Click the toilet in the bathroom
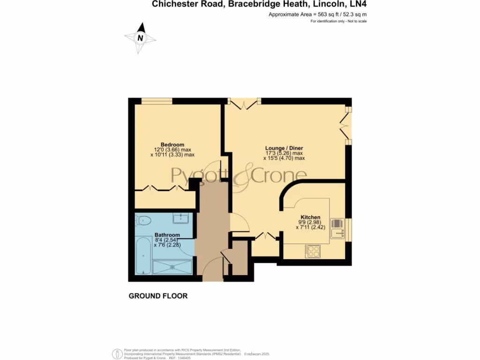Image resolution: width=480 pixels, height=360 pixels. point(143,220)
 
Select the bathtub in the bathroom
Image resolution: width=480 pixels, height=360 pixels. point(143,256)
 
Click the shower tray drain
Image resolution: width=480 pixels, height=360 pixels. point(173,267)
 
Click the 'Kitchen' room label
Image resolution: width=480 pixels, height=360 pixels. point(310,217)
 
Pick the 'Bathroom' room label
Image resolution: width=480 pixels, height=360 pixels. point(167,235)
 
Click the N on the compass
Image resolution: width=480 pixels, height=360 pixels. point(140,38)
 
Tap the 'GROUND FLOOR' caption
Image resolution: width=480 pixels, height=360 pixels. point(158,296)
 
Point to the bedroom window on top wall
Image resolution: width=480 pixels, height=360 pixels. point(157,101)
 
